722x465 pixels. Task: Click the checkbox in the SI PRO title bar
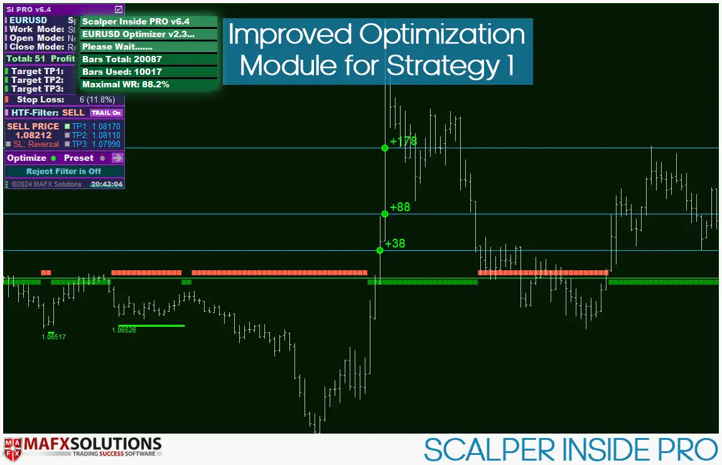119,9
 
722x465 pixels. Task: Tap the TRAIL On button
106,113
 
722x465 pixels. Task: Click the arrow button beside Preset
117,158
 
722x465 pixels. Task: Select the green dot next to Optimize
53,158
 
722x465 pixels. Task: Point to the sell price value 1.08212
33,135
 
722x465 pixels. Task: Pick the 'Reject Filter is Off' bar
64,172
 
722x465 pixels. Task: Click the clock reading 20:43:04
106,184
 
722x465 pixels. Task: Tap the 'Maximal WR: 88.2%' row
126,84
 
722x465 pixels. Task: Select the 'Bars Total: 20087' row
122,59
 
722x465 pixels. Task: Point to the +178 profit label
403,141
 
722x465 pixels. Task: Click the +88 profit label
400,207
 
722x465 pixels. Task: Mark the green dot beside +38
380,250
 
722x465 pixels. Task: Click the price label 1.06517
54,337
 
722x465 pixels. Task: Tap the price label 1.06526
124,330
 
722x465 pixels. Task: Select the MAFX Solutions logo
83,447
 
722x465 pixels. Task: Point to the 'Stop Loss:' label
40,99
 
